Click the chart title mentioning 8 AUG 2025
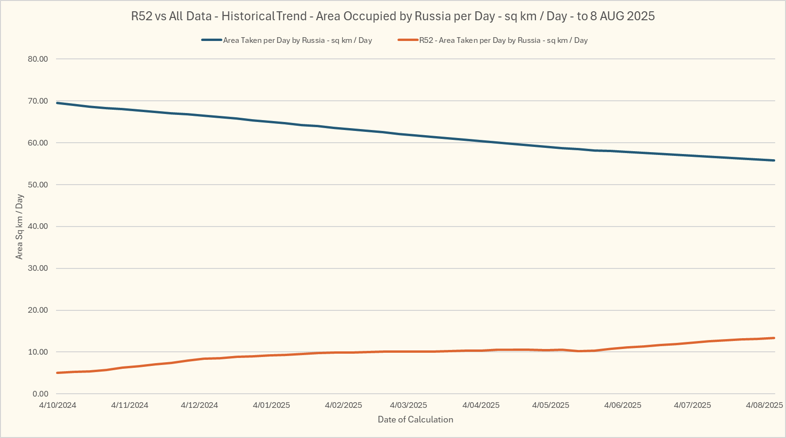click(x=393, y=16)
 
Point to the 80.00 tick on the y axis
click(x=38, y=59)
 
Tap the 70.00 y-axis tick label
click(x=38, y=101)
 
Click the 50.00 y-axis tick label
click(x=38, y=185)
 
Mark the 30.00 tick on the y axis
click(x=38, y=268)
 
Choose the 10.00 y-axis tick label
click(x=38, y=352)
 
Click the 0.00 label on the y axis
click(x=40, y=394)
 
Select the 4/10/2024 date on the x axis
click(x=57, y=405)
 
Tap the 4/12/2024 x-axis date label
click(x=200, y=405)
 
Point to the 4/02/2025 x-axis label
click(x=343, y=405)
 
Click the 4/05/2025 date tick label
click(x=551, y=405)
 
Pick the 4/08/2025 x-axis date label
click(x=764, y=405)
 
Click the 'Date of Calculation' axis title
click(x=415, y=420)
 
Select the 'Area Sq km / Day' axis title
click(x=19, y=227)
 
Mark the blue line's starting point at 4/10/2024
click(x=57, y=103)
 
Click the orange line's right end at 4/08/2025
click(x=774, y=338)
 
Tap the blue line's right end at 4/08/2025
click(x=774, y=161)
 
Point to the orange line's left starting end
click(x=57, y=373)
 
